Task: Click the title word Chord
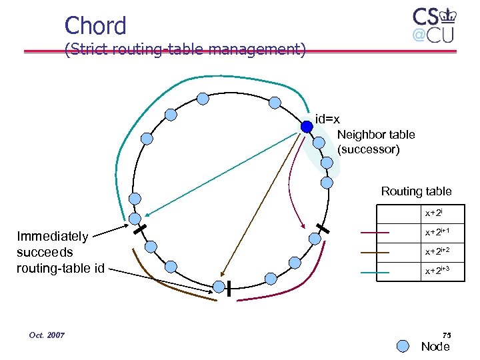point(95,25)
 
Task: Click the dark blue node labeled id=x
point(306,125)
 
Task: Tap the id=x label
point(327,119)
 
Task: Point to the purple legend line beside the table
point(375,233)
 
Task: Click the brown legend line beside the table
point(375,253)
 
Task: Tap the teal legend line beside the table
point(375,272)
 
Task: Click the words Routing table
point(416,191)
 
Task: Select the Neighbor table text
point(376,135)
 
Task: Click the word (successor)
point(369,149)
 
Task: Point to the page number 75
point(446,335)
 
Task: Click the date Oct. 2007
point(47,335)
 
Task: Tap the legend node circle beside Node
point(403,346)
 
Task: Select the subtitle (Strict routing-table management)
point(185,49)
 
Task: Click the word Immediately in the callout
point(52,236)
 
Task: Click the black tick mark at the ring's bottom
point(228,288)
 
